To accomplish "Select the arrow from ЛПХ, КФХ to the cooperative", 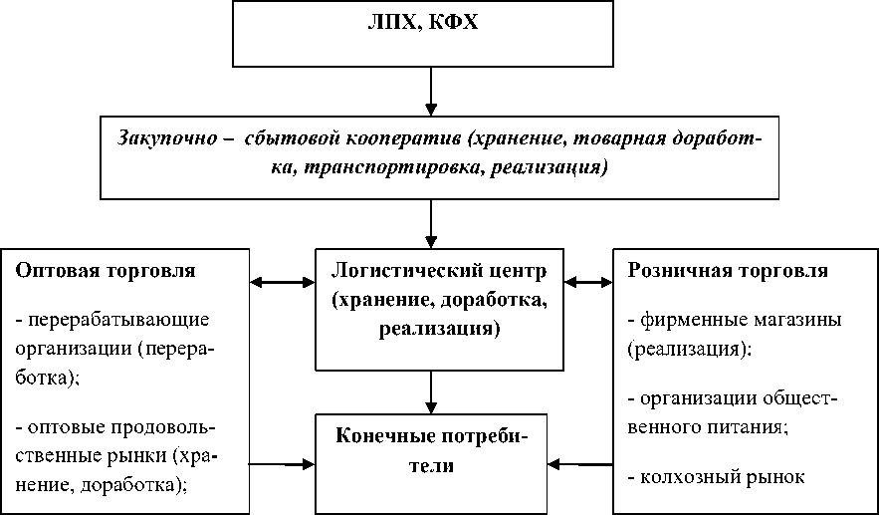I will coord(431,91).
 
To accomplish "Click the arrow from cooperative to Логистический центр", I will coord(431,223).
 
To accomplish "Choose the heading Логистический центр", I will coord(430,270).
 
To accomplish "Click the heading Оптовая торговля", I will coord(107,270).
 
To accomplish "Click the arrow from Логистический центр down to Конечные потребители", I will coord(431,391).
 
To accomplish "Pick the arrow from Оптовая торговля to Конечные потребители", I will coord(282,463).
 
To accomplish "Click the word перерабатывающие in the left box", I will coord(117,321).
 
